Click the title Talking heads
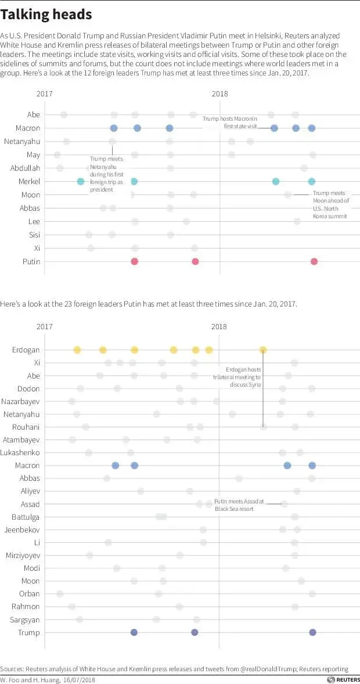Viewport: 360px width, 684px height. pyautogui.click(x=46, y=15)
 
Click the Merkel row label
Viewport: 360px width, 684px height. pyautogui.click(x=30, y=182)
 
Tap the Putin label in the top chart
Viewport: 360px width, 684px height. pyautogui.click(x=31, y=261)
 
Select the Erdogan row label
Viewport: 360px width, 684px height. pyautogui.click(x=26, y=350)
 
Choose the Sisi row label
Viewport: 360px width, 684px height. pyautogui.click(x=34, y=235)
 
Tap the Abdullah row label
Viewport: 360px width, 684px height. pyautogui.click(x=26, y=168)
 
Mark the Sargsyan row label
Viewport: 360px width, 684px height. pyautogui.click(x=25, y=620)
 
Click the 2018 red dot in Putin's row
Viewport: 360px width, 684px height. pyautogui.click(x=314, y=261)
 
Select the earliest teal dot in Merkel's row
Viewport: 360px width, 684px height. pyautogui.click(x=81, y=182)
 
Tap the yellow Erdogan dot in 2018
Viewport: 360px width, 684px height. pyautogui.click(x=263, y=350)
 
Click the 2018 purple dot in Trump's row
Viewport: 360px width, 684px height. pyautogui.click(x=313, y=632)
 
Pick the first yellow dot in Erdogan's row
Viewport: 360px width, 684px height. pyautogui.click(x=77, y=350)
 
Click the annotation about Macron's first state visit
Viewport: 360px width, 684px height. pyautogui.click(x=229, y=122)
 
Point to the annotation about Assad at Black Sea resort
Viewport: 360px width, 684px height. pyautogui.click(x=239, y=505)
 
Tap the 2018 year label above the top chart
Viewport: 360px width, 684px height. pyautogui.click(x=219, y=94)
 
